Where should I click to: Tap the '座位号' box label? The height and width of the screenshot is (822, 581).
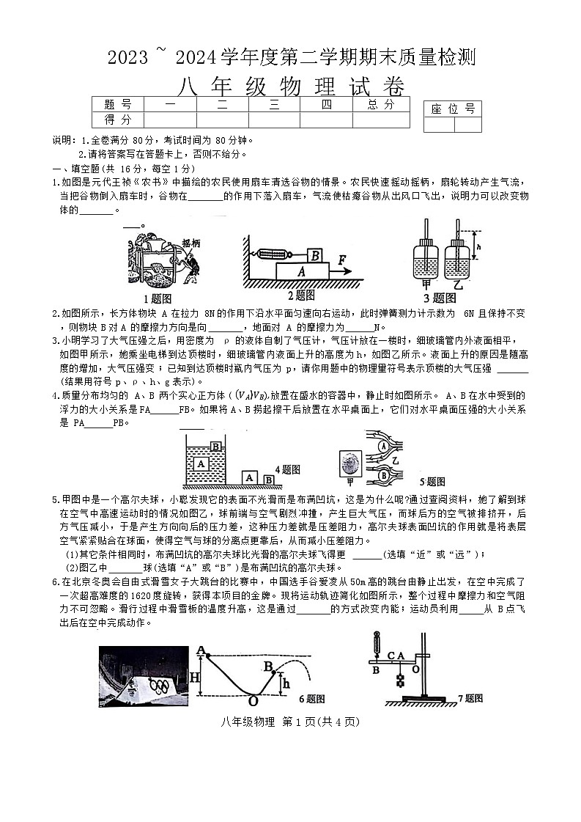(452, 109)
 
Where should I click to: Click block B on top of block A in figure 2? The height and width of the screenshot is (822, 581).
(314, 254)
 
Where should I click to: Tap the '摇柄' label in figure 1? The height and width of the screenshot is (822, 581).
(191, 243)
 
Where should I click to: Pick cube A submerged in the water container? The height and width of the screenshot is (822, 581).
(201, 463)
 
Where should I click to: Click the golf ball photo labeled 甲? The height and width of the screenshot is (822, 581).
(349, 466)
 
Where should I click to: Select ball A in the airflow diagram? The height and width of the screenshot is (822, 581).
(383, 445)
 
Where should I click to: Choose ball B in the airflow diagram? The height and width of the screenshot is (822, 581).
(383, 474)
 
